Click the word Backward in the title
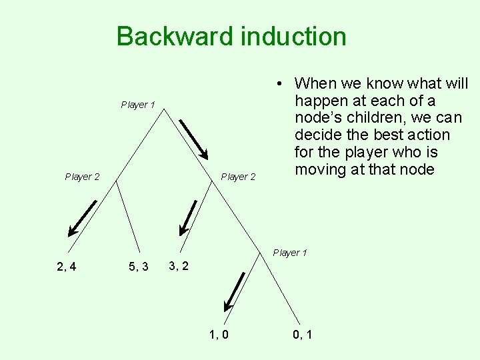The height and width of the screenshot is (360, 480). click(175, 36)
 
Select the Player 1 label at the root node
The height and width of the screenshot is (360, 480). click(138, 105)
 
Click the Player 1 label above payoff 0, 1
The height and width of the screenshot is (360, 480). click(290, 253)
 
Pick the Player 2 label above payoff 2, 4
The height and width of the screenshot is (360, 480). click(82, 177)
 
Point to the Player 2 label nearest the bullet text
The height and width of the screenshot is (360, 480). click(238, 177)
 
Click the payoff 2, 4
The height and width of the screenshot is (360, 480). click(67, 267)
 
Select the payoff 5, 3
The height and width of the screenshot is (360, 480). click(138, 267)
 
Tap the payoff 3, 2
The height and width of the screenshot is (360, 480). click(179, 267)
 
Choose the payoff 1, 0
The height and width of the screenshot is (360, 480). click(218, 334)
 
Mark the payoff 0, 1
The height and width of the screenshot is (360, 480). click(301, 334)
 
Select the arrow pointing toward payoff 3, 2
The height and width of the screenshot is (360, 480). click(187, 217)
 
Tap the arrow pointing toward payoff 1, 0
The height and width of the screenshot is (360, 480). click(234, 292)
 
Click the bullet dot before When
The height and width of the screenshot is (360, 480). click(282, 84)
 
